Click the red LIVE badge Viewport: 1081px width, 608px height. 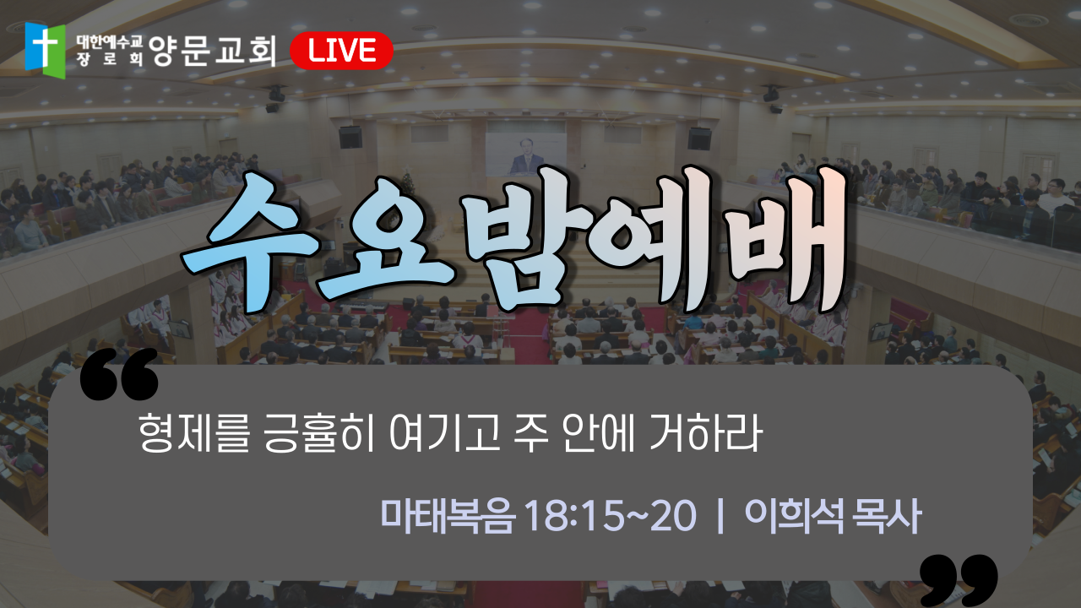(342, 51)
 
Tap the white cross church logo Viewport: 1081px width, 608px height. (45, 50)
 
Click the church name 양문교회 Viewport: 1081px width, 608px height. (212, 51)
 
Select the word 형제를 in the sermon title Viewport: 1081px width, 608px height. (194, 433)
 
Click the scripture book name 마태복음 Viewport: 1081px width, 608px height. (448, 516)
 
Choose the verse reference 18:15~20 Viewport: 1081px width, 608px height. (610, 516)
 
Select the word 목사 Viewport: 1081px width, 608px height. (887, 516)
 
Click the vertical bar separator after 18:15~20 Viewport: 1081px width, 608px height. (721, 516)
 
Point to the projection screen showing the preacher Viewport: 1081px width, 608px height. (525, 155)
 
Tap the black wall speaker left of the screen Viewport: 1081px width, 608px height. (350, 138)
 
